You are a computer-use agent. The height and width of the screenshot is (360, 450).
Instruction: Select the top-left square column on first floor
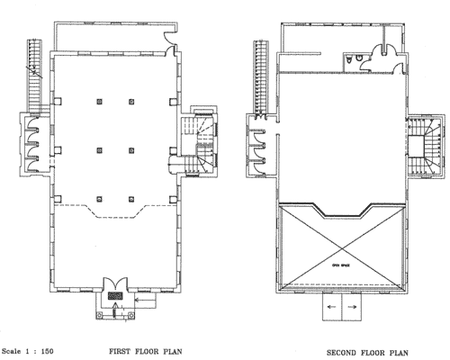(x=98, y=101)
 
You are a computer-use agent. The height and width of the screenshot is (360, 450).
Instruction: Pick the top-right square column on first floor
(x=132, y=101)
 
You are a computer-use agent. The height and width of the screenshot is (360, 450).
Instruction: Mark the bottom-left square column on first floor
(x=98, y=196)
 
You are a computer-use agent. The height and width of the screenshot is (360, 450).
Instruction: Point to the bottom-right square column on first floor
(x=132, y=196)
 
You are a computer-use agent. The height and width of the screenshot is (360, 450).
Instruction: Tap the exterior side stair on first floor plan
(x=35, y=72)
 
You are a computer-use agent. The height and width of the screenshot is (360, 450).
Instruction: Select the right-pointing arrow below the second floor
(x=352, y=307)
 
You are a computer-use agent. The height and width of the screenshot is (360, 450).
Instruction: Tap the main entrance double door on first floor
(x=115, y=283)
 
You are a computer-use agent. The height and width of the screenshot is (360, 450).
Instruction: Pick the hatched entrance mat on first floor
(x=115, y=294)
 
